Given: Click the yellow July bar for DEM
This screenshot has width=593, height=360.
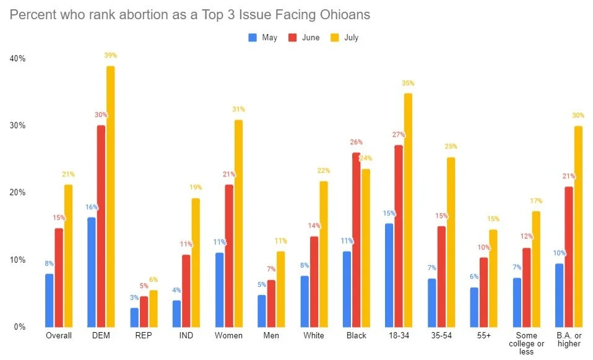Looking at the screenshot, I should click(x=110, y=197).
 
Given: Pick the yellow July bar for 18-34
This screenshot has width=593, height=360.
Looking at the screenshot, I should click(x=408, y=210).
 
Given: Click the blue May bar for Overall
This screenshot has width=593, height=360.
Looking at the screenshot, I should click(x=50, y=300).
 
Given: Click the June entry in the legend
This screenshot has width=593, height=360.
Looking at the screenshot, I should click(x=305, y=38).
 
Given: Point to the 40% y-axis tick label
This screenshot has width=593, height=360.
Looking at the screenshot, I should click(x=17, y=59).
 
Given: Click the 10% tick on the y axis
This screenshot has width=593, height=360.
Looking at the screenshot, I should click(x=17, y=260).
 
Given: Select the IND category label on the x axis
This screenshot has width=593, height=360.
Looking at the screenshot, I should click(x=185, y=336).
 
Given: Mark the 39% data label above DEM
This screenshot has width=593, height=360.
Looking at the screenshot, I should click(x=111, y=56).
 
